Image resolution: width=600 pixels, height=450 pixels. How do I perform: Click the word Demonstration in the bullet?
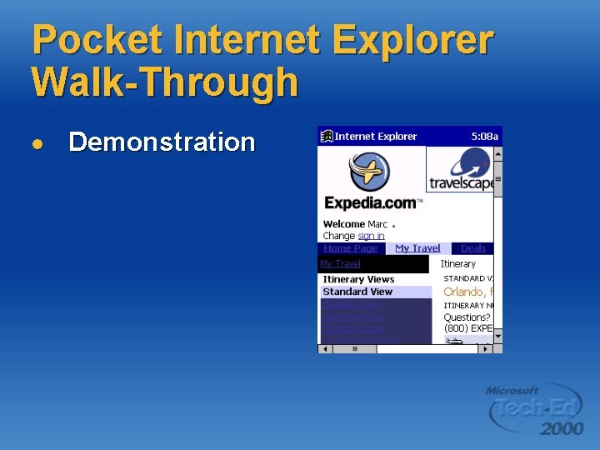point(162,142)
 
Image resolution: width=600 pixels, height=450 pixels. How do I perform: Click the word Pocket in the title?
point(88,40)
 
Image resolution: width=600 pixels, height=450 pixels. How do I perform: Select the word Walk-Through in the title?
point(164,82)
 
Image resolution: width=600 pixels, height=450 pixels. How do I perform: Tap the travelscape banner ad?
point(460,170)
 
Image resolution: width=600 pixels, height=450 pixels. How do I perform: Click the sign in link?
point(371,236)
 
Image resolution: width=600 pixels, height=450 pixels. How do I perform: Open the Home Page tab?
point(350,248)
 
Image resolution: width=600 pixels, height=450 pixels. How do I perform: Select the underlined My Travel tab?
point(417,248)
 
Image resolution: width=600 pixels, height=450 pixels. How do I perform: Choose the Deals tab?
point(472,248)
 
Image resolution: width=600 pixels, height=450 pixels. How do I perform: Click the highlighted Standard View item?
point(357,292)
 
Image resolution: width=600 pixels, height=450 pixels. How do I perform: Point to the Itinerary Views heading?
point(358,279)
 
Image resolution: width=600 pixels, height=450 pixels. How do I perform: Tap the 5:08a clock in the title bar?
point(484,137)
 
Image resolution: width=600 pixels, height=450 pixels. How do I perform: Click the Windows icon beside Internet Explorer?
point(327,137)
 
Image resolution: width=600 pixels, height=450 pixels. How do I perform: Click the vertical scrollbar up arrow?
point(497,153)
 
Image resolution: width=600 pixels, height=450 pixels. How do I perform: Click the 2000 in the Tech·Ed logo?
point(561,428)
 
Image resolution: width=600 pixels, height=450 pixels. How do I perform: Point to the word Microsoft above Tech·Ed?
point(512,390)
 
